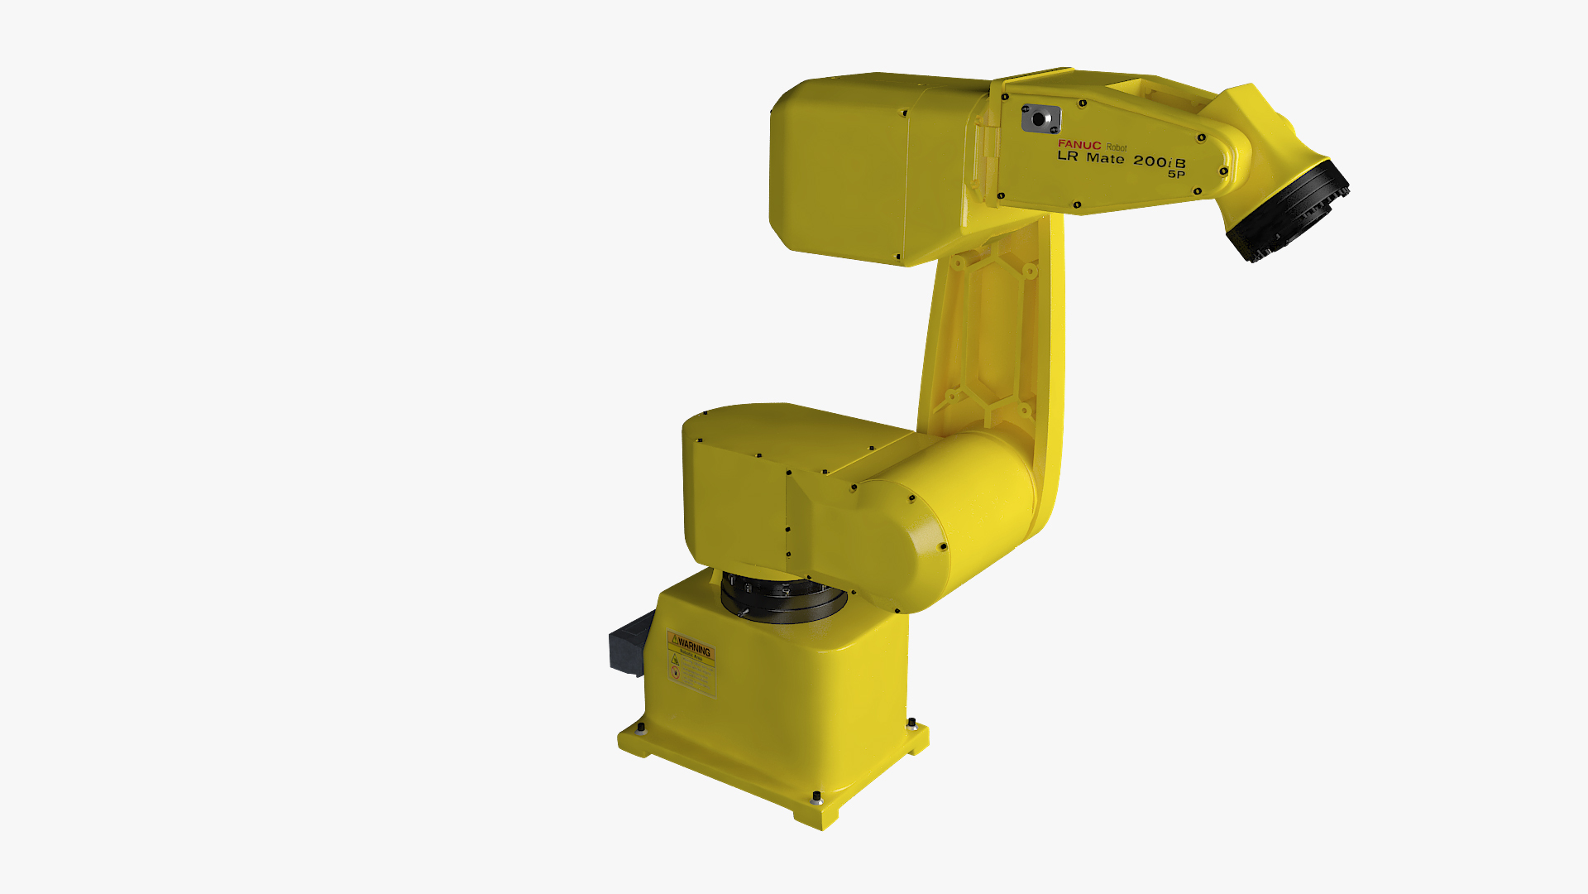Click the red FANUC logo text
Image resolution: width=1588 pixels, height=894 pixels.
pyautogui.click(x=1079, y=145)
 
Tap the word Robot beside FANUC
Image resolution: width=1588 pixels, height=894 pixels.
pyautogui.click(x=1117, y=147)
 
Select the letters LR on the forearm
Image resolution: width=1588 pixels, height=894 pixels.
pyautogui.click(x=1068, y=156)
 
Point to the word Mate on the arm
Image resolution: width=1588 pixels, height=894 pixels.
pyautogui.click(x=1105, y=158)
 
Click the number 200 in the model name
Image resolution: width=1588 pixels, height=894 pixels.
pyautogui.click(x=1150, y=161)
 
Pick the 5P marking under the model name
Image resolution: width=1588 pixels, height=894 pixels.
pyautogui.click(x=1176, y=174)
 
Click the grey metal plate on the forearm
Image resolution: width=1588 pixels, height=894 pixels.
pyautogui.click(x=1040, y=118)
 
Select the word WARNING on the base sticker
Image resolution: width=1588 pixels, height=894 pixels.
pyautogui.click(x=694, y=650)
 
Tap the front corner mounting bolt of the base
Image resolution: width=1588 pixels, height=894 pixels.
pyautogui.click(x=817, y=797)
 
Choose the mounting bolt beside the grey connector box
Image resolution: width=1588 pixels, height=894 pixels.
pyautogui.click(x=641, y=728)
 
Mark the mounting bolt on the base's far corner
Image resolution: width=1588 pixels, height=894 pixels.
pyautogui.click(x=911, y=723)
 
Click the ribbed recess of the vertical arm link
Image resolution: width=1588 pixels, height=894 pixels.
pyautogui.click(x=988, y=331)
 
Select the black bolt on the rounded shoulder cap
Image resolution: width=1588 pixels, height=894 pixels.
pyautogui.click(x=943, y=546)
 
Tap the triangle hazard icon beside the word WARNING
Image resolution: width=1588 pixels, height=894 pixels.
pyautogui.click(x=675, y=640)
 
